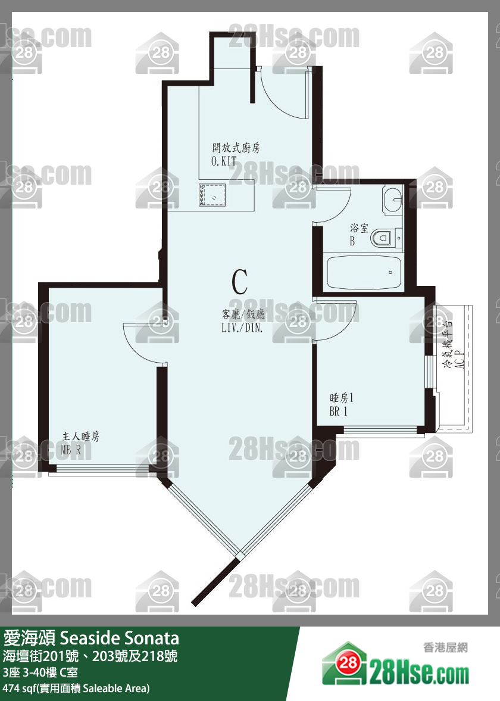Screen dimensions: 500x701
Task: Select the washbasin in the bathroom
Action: (392, 200)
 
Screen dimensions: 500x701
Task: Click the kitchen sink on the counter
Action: (212, 195)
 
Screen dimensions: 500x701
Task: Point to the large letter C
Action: (240, 282)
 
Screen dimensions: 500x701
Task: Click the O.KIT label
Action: (224, 161)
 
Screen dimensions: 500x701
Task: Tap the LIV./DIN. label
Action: (242, 327)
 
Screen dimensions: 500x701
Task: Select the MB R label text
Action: (71, 450)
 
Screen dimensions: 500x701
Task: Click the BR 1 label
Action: (338, 412)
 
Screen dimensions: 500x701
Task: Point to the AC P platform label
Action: (459, 359)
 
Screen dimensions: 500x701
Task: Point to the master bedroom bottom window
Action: (103, 469)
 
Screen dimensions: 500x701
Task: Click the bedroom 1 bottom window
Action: (380, 430)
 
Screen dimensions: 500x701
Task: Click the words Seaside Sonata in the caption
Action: (119, 637)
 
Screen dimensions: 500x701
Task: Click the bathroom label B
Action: (352, 241)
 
